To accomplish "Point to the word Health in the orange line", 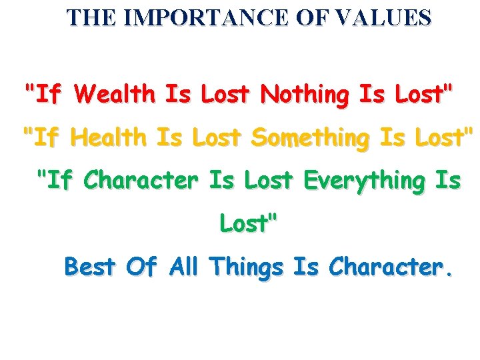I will (x=109, y=139).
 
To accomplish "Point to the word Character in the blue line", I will (x=384, y=267).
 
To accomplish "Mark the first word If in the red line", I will (x=45, y=96).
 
